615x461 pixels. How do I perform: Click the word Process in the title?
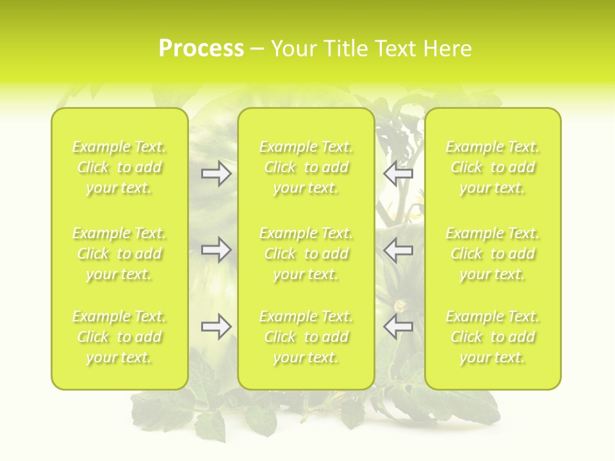[x=201, y=49]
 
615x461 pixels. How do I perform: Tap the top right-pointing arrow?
[x=216, y=174]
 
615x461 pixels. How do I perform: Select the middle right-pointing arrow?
[x=216, y=250]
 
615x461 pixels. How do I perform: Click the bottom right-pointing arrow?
[x=216, y=327]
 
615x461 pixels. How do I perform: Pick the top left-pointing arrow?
[x=398, y=174]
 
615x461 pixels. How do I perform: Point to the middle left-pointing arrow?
[x=398, y=250]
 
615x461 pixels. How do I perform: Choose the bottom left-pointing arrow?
[x=398, y=327]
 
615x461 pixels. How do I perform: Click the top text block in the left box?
[x=119, y=167]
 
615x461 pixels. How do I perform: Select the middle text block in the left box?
[x=119, y=254]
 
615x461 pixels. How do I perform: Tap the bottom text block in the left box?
[x=119, y=337]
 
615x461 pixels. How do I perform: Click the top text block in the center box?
[x=306, y=167]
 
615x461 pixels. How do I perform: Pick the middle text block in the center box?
[x=306, y=254]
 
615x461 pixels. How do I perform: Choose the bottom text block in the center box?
[x=306, y=337]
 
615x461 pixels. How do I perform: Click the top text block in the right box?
[x=493, y=167]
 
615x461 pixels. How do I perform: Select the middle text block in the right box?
[x=493, y=254]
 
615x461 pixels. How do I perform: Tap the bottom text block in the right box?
[x=493, y=337]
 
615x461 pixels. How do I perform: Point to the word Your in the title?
[x=294, y=49]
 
